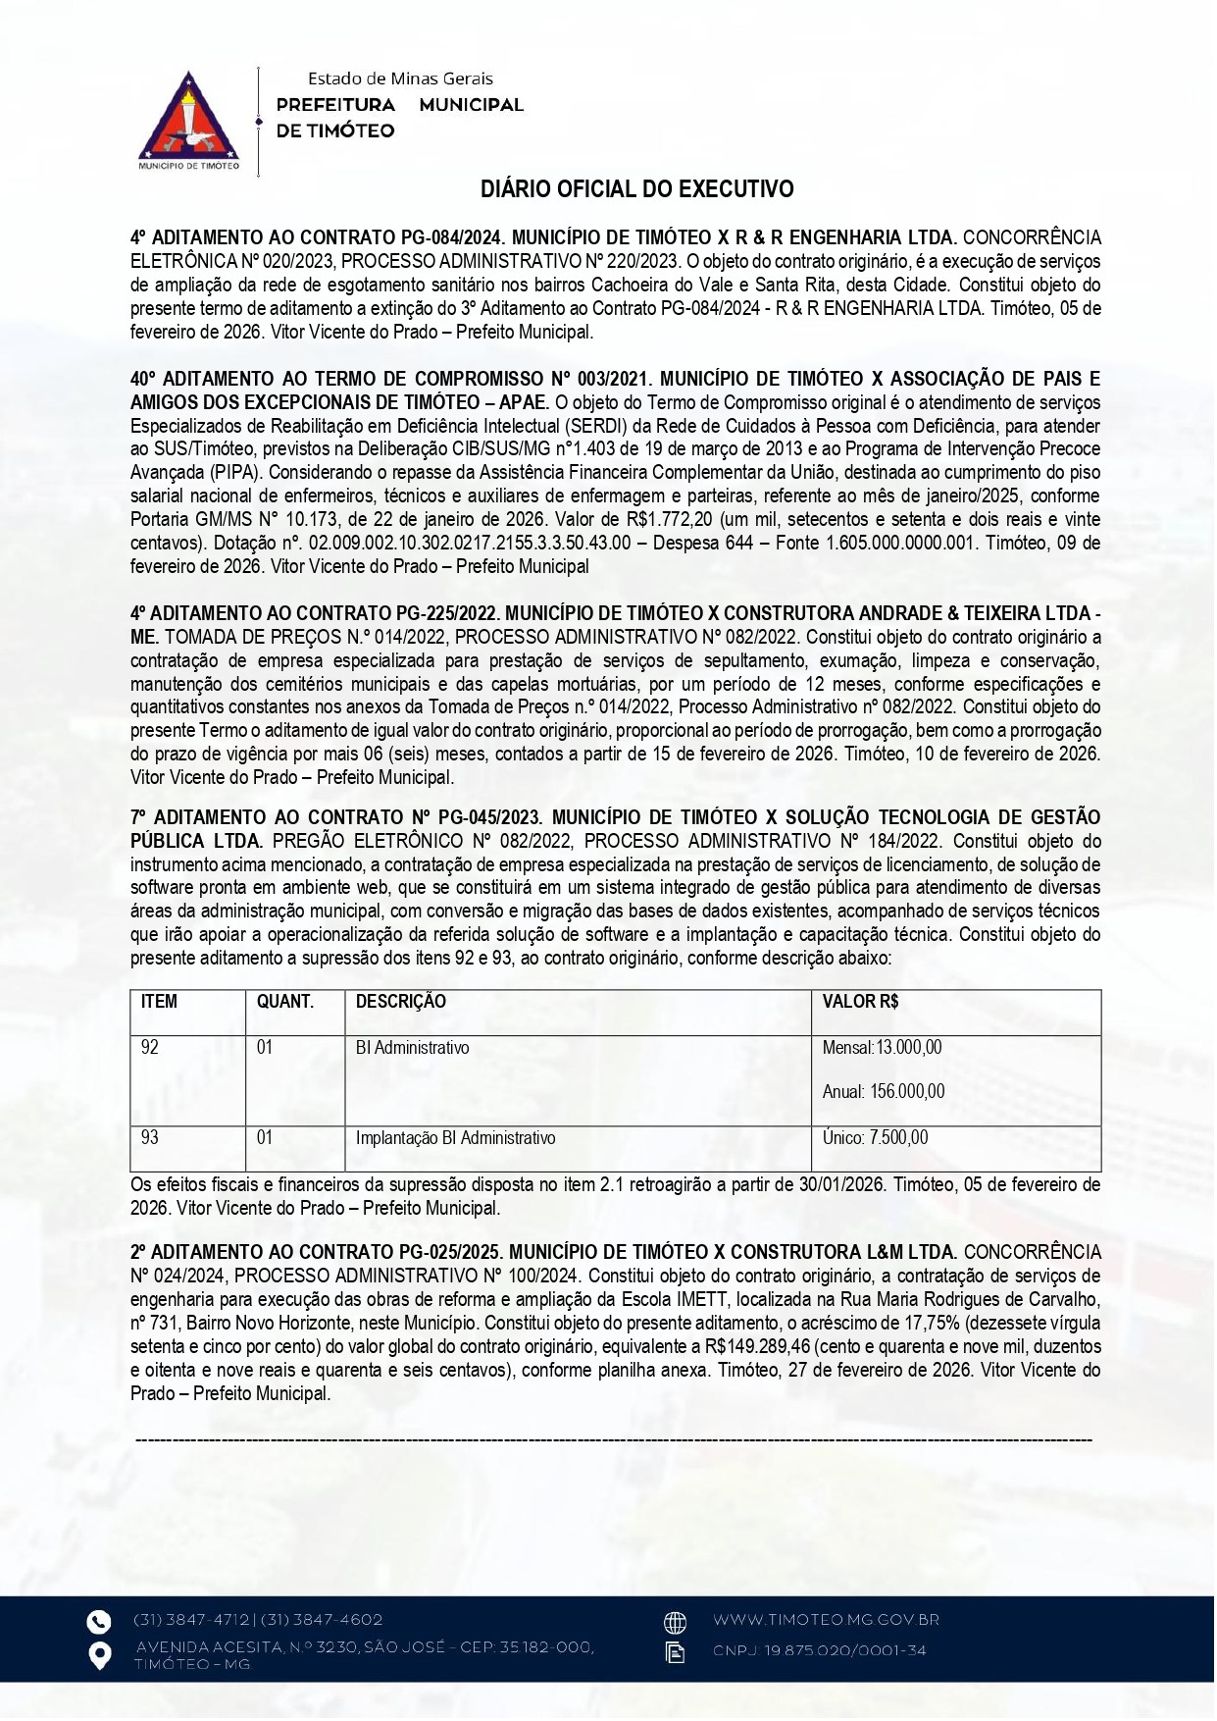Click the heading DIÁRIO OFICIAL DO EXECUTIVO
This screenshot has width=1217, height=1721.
point(636,189)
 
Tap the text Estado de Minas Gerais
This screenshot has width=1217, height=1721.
point(400,78)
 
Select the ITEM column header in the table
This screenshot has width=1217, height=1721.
point(159,1002)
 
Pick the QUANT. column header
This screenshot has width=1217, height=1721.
point(284,1002)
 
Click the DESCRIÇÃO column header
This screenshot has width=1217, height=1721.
point(400,1002)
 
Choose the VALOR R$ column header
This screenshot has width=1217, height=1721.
point(860,1002)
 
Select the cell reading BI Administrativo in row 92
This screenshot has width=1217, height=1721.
point(412,1048)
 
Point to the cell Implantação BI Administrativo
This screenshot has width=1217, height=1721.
point(455,1138)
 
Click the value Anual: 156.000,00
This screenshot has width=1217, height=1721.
point(883,1092)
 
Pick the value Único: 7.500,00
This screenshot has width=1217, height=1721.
point(875,1138)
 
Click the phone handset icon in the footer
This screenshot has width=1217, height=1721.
point(99,1622)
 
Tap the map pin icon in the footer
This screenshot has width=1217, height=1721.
point(99,1655)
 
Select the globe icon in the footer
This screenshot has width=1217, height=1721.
point(675,1622)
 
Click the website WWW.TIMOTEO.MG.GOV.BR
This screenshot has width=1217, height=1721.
point(826,1620)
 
